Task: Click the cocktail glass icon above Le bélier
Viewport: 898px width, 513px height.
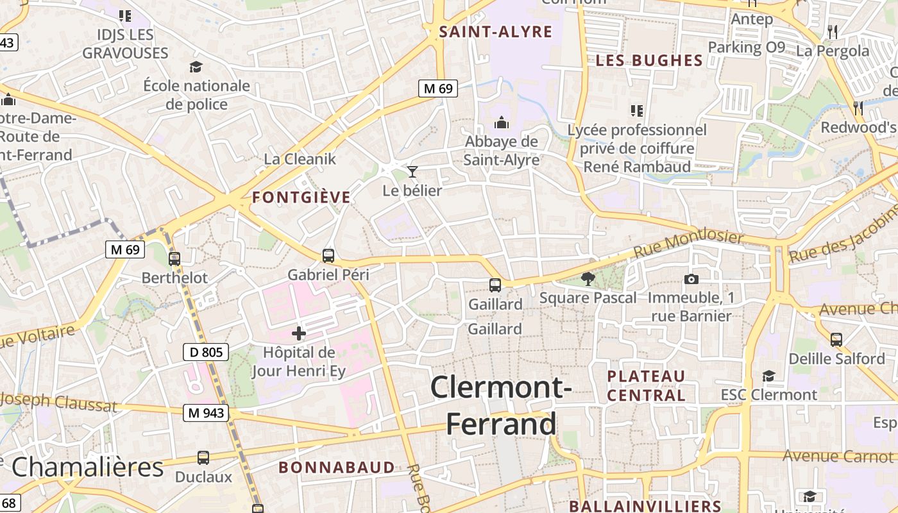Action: [x=412, y=171]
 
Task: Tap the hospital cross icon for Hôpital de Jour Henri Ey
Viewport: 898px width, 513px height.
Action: [x=299, y=333]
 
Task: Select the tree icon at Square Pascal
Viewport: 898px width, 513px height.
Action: [x=587, y=278]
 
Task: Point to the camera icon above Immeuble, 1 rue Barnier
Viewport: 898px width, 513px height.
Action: [x=691, y=278]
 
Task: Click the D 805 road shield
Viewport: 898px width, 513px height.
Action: [x=207, y=351]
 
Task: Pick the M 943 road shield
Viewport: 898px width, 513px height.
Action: [x=207, y=413]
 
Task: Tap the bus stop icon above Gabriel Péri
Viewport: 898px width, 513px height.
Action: [x=328, y=256]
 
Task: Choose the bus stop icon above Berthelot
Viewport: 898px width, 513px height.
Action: [x=174, y=259]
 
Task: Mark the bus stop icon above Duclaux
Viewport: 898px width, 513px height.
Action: [x=203, y=458]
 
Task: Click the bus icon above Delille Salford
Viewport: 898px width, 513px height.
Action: [x=836, y=339]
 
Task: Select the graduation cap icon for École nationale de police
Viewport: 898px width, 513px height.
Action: [x=196, y=67]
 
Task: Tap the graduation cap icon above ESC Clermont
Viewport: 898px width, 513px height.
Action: [x=768, y=376]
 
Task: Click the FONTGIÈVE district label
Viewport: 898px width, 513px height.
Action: [x=301, y=198]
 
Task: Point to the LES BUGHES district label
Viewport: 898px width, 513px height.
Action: [x=649, y=61]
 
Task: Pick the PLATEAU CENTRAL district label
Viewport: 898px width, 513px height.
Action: [x=646, y=385]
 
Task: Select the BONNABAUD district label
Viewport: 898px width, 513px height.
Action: [x=337, y=467]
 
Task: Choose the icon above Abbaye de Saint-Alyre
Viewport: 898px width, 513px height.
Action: [x=501, y=122]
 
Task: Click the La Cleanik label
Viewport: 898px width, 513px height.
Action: [x=300, y=159]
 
